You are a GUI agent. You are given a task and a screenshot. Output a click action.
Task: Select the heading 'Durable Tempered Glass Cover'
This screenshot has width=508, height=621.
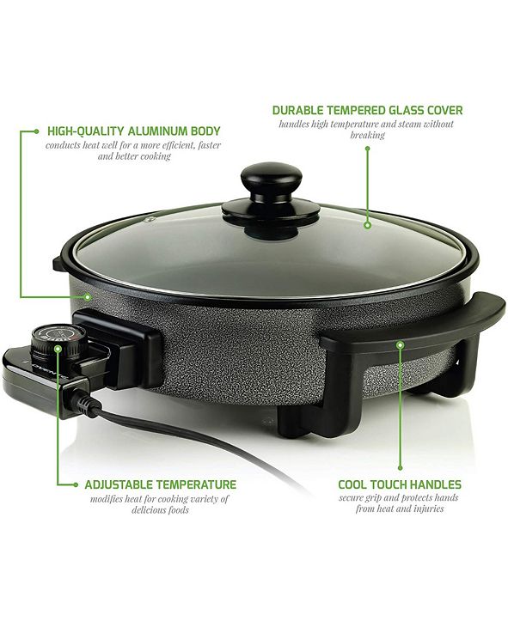(x=367, y=110)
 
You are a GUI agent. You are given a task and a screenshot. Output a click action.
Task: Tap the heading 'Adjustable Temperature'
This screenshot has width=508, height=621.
(x=160, y=484)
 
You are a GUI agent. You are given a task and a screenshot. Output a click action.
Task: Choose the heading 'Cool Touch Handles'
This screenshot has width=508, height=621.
(x=399, y=484)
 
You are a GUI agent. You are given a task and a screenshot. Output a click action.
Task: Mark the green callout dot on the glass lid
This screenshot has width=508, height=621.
(x=367, y=225)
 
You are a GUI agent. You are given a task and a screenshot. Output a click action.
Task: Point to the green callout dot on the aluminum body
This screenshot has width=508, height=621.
(x=88, y=297)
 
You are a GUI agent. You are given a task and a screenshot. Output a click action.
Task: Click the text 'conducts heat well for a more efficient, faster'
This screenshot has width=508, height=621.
(x=134, y=145)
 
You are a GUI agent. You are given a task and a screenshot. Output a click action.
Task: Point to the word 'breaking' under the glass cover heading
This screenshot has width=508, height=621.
(x=367, y=136)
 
